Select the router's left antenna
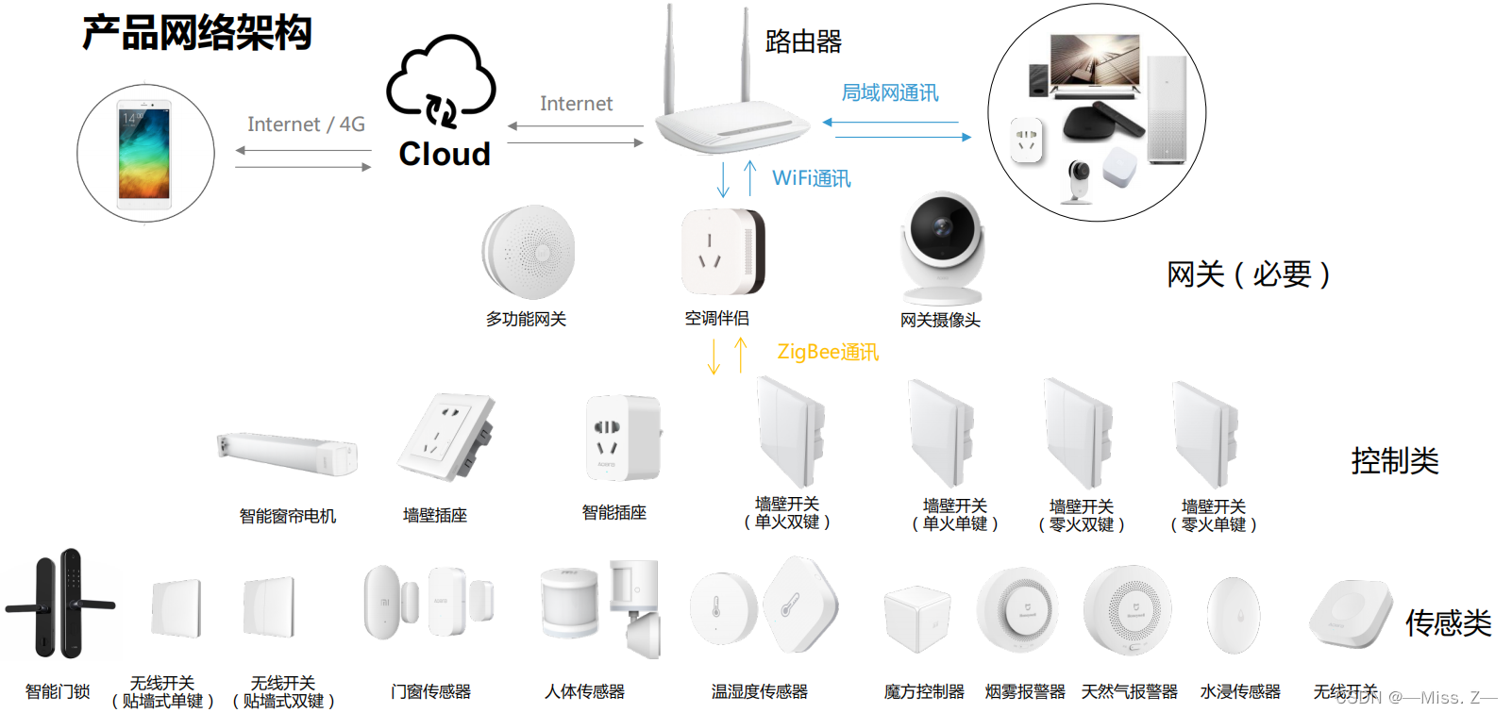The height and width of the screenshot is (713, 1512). tap(669, 57)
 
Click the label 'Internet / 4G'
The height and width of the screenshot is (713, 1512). tap(306, 124)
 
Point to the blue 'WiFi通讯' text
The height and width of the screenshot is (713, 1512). tap(811, 178)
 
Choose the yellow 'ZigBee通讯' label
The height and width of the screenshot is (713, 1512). tap(827, 352)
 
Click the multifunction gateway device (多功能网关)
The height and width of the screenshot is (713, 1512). tap(528, 252)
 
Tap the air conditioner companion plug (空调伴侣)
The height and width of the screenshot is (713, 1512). tap(722, 252)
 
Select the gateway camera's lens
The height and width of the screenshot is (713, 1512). tap(941, 226)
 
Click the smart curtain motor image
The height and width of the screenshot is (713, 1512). tap(287, 453)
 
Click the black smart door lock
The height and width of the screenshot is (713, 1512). tap(59, 604)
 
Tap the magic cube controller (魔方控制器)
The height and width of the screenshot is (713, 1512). tap(916, 619)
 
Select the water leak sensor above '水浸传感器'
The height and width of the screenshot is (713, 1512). tap(1234, 615)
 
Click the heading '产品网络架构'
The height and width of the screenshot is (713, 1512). tap(196, 33)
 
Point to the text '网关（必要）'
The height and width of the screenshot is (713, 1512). tap(1248, 274)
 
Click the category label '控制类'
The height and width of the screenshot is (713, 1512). tap(1394, 461)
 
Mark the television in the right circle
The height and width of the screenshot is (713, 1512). tap(1095, 64)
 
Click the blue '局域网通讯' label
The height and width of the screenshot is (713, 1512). tap(889, 92)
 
